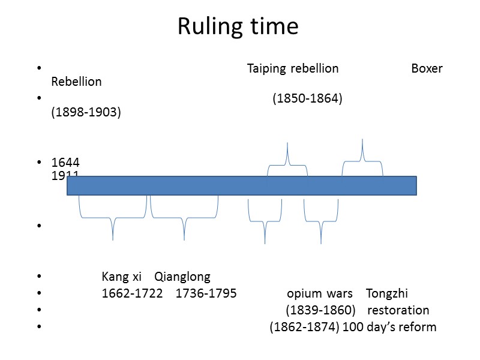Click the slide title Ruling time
point(238,27)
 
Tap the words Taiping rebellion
point(293,68)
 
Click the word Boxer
point(427,68)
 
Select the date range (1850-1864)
point(308,98)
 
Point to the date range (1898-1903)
point(86,112)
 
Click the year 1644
point(65,163)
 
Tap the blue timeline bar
point(241,185)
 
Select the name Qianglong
point(182,277)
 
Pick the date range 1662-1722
point(133,294)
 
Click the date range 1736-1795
point(206,294)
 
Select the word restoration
point(398,311)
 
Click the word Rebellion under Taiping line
point(77,82)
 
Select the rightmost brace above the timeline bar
point(362,157)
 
